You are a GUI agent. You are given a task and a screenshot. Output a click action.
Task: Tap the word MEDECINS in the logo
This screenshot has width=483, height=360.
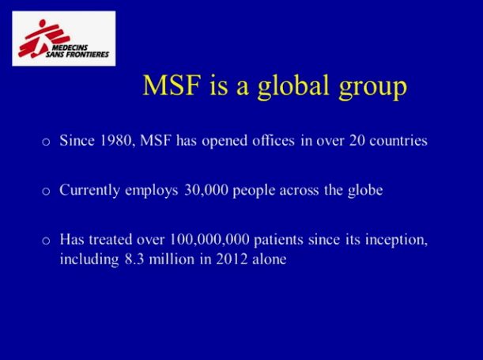pyautogui.click(x=70, y=47)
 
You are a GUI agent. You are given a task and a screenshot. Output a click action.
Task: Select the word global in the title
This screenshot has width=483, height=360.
pyautogui.click(x=293, y=86)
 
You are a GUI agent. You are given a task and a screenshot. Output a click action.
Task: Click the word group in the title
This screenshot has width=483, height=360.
pyautogui.click(x=372, y=89)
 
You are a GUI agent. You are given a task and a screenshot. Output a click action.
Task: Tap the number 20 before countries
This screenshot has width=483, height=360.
pyautogui.click(x=357, y=141)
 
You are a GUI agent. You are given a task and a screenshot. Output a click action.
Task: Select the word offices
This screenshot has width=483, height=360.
pyautogui.click(x=274, y=141)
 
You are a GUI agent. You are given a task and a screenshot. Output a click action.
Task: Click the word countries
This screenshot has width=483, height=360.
pyautogui.click(x=398, y=141)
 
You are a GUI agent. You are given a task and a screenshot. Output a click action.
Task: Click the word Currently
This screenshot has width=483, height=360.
pyautogui.click(x=89, y=191)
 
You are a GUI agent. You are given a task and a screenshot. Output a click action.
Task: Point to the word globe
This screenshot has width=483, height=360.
pyautogui.click(x=365, y=191)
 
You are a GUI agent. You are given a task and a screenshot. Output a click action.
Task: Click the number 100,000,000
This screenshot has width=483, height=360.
pyautogui.click(x=209, y=240)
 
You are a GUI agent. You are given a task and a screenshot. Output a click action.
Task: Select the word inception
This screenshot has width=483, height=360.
pyautogui.click(x=397, y=240)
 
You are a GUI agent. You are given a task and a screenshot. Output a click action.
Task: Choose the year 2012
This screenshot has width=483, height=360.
pyautogui.click(x=232, y=259)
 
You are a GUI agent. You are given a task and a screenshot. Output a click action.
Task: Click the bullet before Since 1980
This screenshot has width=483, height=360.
pyautogui.click(x=46, y=142)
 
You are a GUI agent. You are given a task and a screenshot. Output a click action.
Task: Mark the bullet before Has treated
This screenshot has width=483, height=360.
pyautogui.click(x=46, y=241)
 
